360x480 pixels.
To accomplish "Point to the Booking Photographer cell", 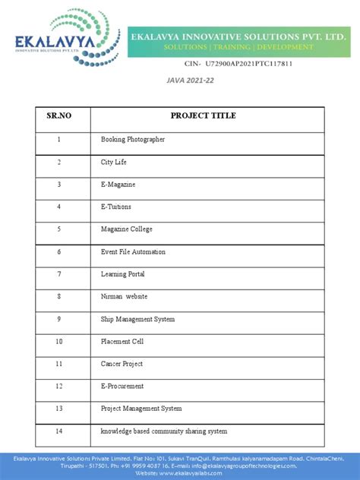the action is [x=133, y=140].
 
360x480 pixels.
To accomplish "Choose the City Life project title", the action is [x=115, y=162].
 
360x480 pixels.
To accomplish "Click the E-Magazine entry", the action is [x=119, y=185].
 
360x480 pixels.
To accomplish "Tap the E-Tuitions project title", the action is [x=116, y=207].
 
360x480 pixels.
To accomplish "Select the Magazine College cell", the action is [x=127, y=229].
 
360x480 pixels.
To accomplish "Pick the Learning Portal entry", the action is [x=123, y=274].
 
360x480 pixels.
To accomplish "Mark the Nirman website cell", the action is [x=125, y=296].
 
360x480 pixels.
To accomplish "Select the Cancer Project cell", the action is [x=122, y=364].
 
